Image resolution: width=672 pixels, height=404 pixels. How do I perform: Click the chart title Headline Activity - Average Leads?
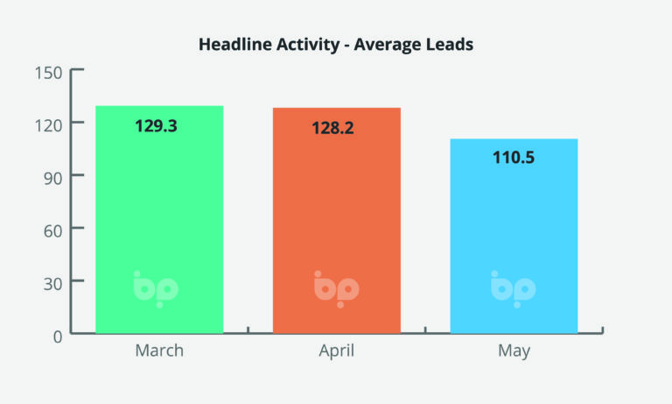tap(336, 44)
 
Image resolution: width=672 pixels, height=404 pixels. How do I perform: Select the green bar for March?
tap(159, 219)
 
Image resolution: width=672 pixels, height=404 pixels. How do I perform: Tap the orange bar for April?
tap(337, 219)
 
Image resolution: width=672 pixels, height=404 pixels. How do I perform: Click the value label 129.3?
tap(156, 126)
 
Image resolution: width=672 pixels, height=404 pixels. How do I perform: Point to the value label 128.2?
tap(333, 128)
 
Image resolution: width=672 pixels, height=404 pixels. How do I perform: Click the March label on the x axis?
tap(159, 351)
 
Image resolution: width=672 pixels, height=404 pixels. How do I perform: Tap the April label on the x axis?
tap(336, 351)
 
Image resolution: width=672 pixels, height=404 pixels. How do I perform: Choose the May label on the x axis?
tap(514, 351)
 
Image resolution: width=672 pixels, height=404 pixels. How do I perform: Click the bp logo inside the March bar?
tap(156, 287)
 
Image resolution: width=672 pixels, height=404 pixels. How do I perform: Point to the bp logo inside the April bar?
tap(336, 287)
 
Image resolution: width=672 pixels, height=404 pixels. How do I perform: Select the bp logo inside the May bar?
tap(513, 287)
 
